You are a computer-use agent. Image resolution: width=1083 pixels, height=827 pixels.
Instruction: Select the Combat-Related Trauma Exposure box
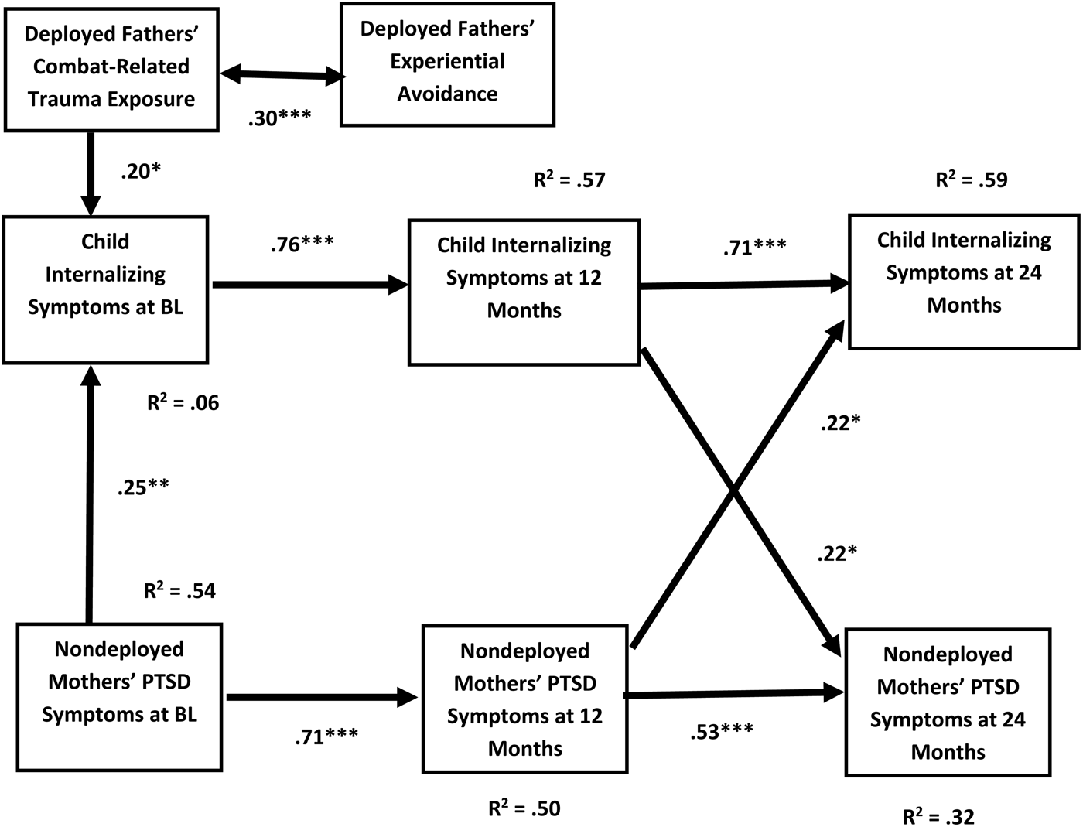[x=111, y=67]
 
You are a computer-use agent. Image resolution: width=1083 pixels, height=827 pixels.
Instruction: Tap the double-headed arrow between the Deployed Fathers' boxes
[x=282, y=75]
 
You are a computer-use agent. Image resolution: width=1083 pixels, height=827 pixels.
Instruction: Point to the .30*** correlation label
[x=279, y=118]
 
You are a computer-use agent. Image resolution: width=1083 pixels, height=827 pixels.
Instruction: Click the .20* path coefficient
[x=141, y=172]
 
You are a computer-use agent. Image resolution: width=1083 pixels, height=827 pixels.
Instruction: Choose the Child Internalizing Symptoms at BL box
[x=105, y=289]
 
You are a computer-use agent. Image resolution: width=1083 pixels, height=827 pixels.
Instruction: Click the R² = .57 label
[x=569, y=180]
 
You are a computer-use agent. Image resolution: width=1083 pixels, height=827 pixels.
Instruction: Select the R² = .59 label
[x=971, y=180]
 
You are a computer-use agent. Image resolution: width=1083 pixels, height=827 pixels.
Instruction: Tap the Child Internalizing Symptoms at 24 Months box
[x=964, y=282]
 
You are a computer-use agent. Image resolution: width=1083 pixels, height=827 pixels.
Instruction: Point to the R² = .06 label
[x=183, y=403]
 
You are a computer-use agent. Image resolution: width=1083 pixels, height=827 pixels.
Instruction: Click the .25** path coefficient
[x=143, y=488]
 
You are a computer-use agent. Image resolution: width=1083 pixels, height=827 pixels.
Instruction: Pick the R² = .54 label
[x=179, y=592]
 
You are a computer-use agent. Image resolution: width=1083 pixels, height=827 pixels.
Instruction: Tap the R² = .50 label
[x=524, y=809]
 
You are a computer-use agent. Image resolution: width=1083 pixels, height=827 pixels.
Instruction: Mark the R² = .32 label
[x=938, y=817]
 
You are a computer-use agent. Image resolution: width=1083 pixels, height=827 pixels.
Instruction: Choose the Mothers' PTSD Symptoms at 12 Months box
[x=524, y=699]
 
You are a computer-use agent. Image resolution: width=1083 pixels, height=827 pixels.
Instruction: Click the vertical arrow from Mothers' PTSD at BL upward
[x=91, y=495]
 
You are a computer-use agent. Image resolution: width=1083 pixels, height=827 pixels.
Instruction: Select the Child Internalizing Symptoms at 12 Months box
[x=524, y=291]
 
